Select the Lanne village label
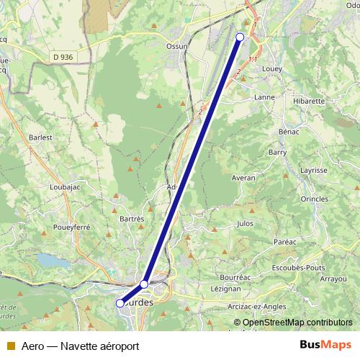click(266, 96)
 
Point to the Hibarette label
click(309, 101)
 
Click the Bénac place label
click(288, 132)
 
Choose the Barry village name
click(277, 152)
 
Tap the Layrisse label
click(314, 171)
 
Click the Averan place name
click(244, 177)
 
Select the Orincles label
click(315, 198)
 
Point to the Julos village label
click(245, 223)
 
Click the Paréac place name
click(286, 242)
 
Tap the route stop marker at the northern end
click(240, 37)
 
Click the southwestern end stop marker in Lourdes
click(120, 303)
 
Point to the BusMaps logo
click(325, 345)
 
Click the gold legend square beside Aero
click(9, 346)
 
